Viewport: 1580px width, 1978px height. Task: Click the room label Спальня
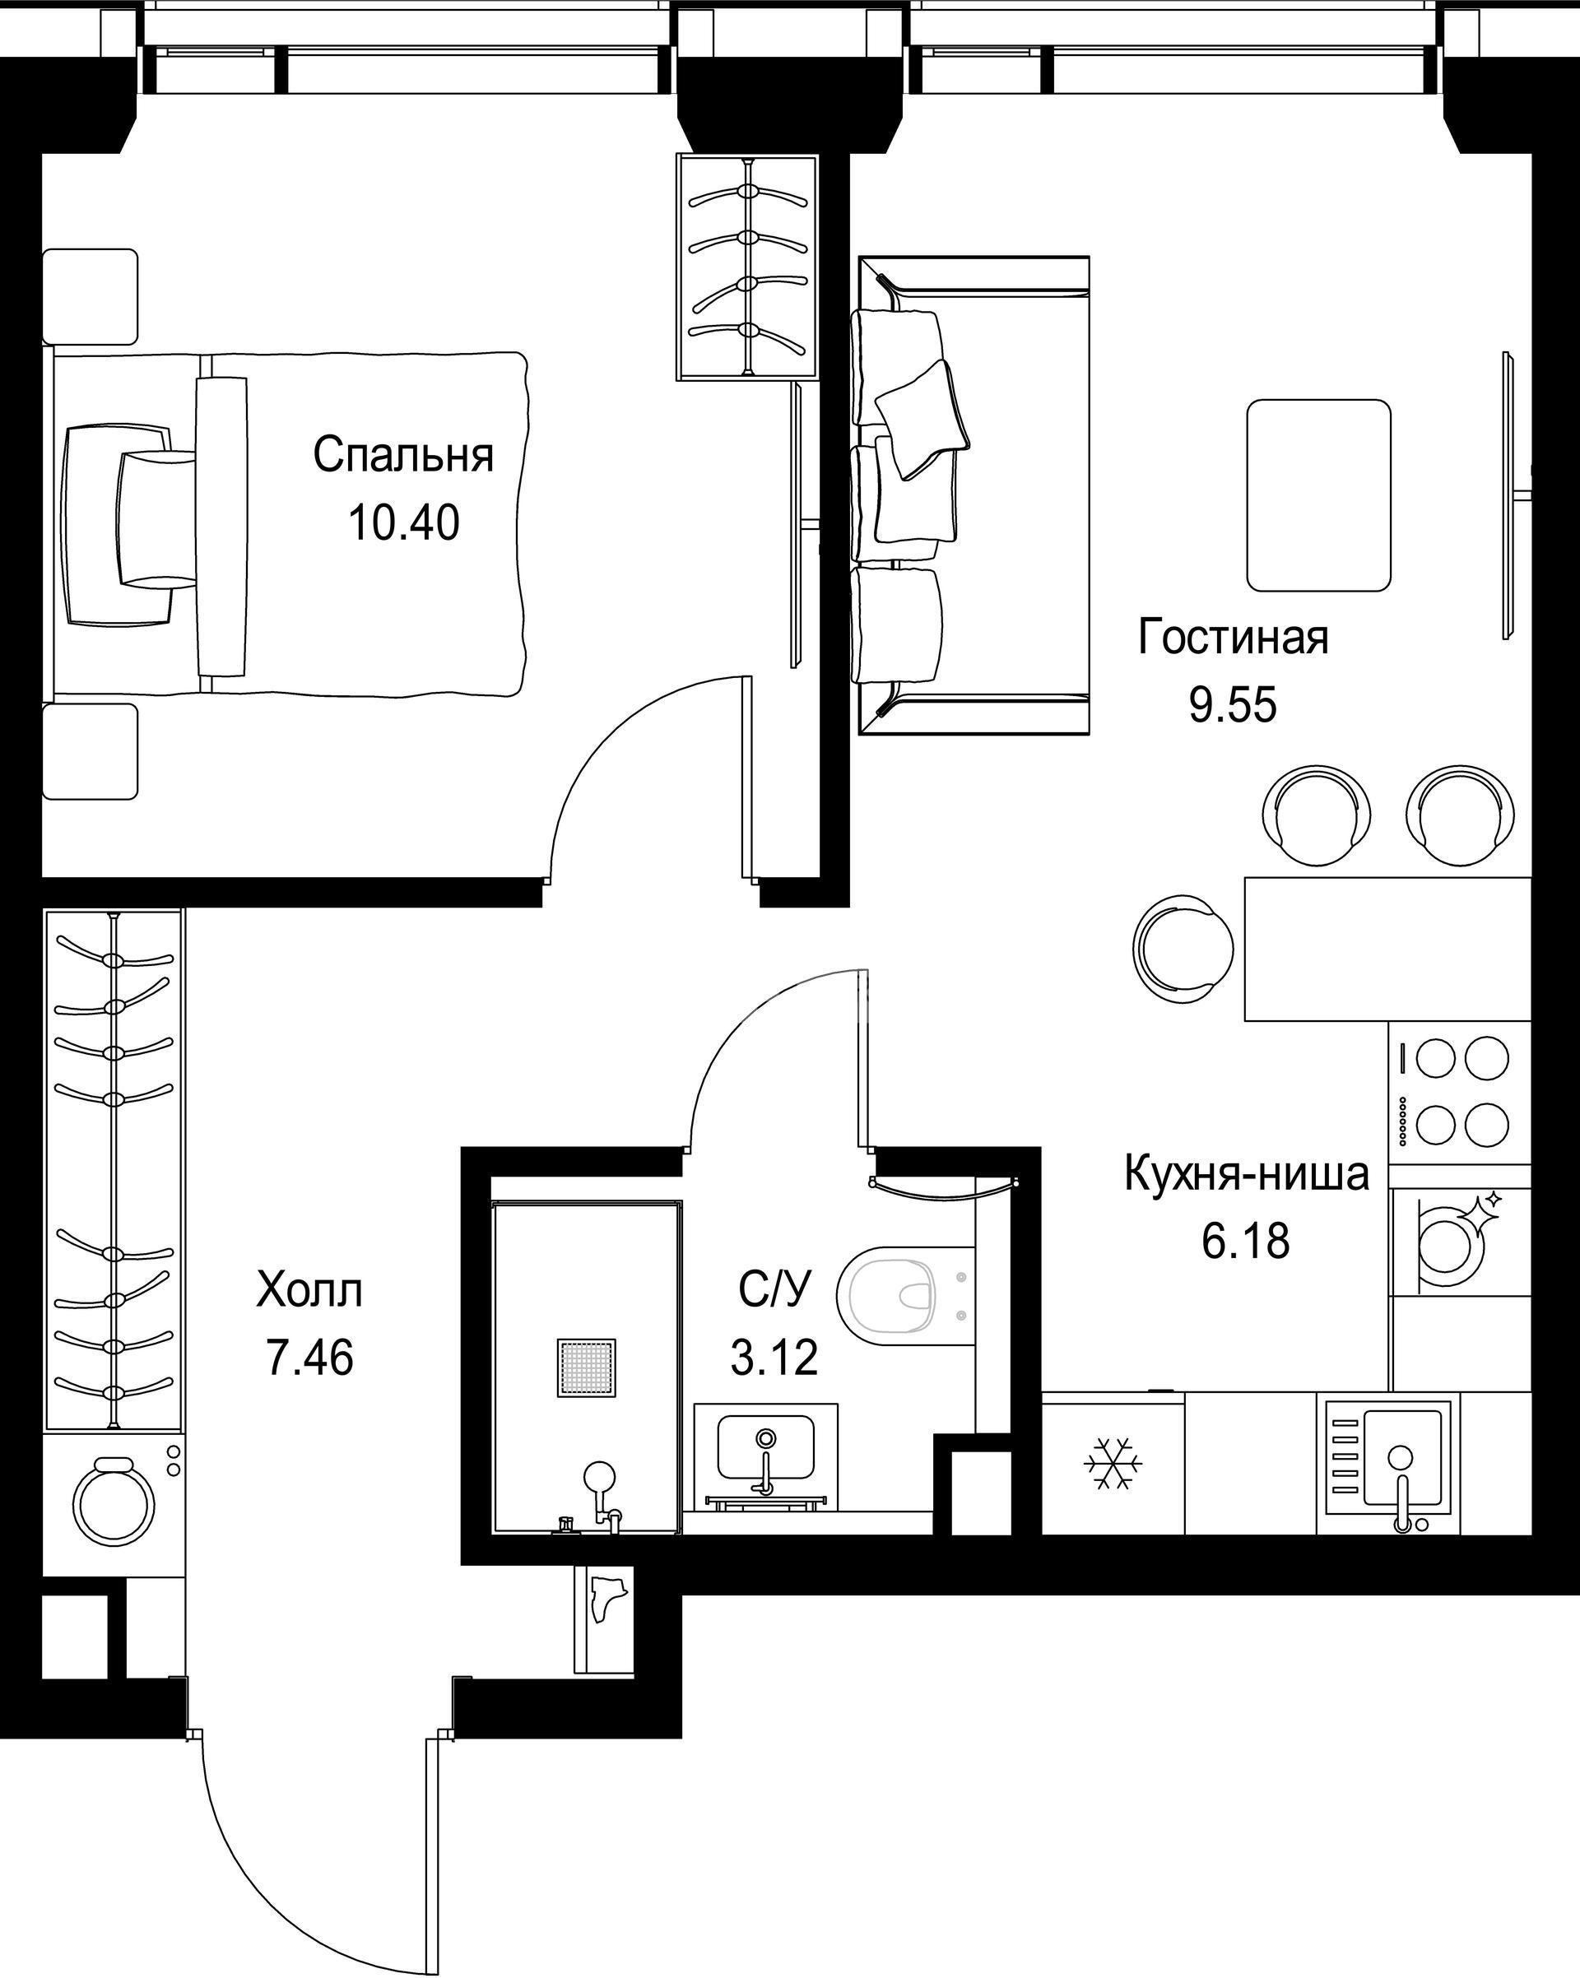pyautogui.click(x=404, y=456)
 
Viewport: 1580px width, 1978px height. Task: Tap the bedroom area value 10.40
pyautogui.click(x=404, y=523)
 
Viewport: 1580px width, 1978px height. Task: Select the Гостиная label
pyautogui.click(x=1234, y=637)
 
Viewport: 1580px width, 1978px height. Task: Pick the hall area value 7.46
pyautogui.click(x=309, y=1358)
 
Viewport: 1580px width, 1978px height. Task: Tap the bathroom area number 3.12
pyautogui.click(x=774, y=1358)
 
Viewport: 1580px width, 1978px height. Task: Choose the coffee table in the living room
pyautogui.click(x=1318, y=495)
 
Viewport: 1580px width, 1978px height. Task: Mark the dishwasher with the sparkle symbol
pyautogui.click(x=1460, y=1242)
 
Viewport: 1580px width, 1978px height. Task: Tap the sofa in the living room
pyautogui.click(x=973, y=495)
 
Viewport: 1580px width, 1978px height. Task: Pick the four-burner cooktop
pyautogui.click(x=1460, y=1092)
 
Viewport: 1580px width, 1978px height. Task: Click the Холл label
pyautogui.click(x=309, y=1290)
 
